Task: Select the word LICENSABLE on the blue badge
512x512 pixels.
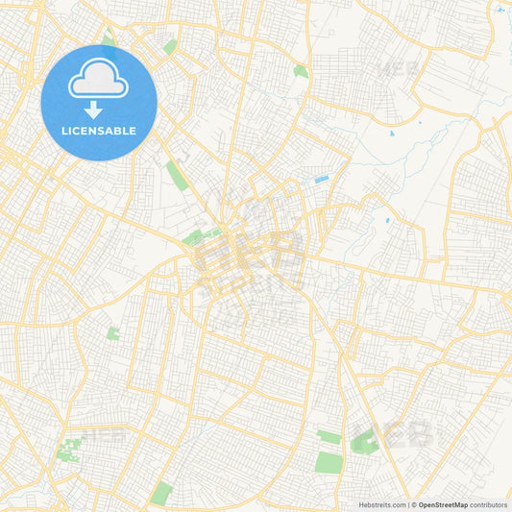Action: coord(98,130)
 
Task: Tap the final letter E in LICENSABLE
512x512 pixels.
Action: coord(134,130)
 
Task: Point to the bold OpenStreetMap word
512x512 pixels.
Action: coord(443,503)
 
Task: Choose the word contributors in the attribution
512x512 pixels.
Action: coord(489,503)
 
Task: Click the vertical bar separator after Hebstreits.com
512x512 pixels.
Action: coord(408,503)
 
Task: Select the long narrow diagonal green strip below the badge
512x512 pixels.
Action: coord(175,174)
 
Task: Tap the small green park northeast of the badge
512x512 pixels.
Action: coord(170,46)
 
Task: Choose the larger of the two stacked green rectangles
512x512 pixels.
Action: coord(329,460)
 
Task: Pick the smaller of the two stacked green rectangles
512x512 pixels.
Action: coord(329,437)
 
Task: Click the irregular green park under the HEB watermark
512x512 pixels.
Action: coord(364,443)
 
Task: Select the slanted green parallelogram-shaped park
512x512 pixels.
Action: coord(161,492)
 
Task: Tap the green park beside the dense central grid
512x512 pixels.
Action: coord(194,236)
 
